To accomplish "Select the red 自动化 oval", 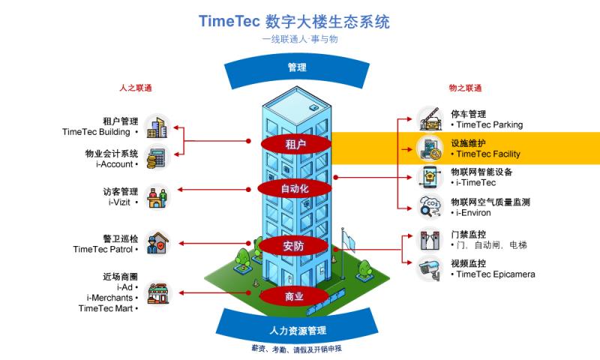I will [294, 188].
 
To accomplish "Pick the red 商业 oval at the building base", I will [294, 297].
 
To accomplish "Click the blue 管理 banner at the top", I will [297, 68].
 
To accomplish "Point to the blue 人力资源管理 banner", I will [297, 330].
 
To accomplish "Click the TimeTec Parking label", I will [488, 125].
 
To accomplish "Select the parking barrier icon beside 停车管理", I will [431, 118].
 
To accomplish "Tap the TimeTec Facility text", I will [487, 154].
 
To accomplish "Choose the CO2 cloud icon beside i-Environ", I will [431, 205].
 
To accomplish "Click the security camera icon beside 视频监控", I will [431, 268].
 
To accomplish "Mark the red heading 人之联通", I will [136, 88].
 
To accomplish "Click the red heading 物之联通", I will [465, 88].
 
